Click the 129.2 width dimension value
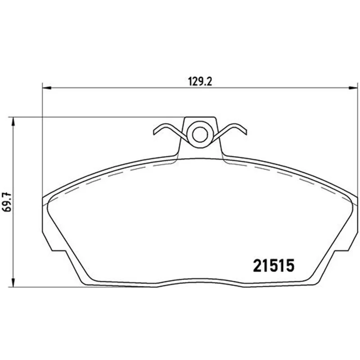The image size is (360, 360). point(200,81)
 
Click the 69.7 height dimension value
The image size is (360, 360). point(7,202)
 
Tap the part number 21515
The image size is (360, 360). point(274,265)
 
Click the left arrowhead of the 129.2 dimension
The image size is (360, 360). point(47,87)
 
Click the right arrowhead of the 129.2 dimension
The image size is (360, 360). point(353,87)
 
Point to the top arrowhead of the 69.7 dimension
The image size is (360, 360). point(13,121)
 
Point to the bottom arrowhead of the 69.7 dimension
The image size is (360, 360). point(13,283)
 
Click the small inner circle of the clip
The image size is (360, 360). point(200,135)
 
